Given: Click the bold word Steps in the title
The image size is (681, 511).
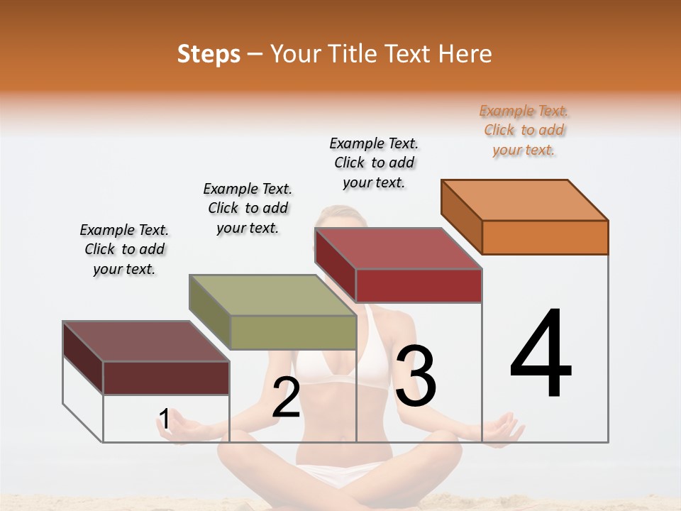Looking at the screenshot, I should point(209,54).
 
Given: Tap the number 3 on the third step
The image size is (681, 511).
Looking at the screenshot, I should point(416,376).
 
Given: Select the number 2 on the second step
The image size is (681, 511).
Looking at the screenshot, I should point(286,397).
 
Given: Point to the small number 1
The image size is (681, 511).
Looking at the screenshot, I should point(165,419).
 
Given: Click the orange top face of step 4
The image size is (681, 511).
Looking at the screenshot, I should point(524,200).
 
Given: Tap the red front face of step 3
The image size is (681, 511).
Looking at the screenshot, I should point(419,286).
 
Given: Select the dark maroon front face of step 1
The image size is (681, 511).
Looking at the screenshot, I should point(166,378).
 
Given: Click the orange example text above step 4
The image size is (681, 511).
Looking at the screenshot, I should point(524,131).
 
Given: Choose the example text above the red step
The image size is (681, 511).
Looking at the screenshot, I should point(374,163).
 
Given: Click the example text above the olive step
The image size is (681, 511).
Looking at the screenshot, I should point(248,208).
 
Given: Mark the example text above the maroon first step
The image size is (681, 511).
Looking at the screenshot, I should point(124,249).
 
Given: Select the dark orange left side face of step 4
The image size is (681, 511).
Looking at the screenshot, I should point(461,216).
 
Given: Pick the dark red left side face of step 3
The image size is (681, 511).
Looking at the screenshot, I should point(335,263).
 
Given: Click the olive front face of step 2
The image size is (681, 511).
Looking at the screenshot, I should point(293,332).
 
